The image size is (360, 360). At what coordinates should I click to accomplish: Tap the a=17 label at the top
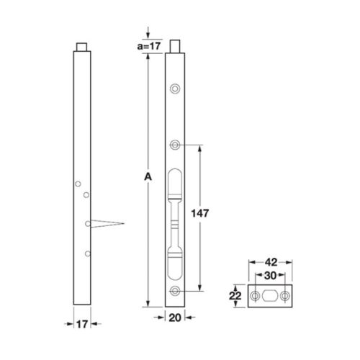point(148,45)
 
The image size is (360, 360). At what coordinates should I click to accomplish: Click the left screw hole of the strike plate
point(255,297)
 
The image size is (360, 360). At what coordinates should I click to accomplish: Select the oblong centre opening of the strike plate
point(270,297)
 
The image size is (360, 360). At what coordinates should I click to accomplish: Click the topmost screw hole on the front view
point(174,89)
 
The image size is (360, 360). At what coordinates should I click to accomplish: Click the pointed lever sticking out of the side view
point(108,223)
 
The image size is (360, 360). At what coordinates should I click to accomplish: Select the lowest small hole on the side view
point(86,253)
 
